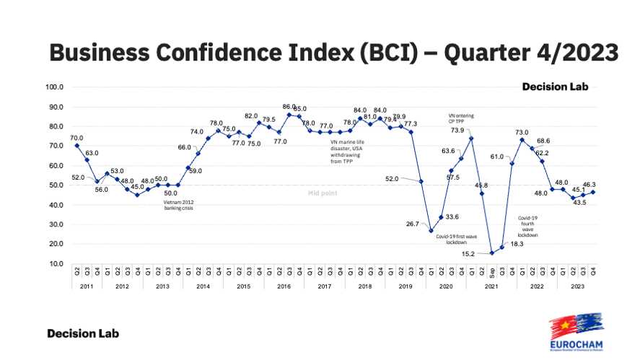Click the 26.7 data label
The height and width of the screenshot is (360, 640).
click(x=413, y=224)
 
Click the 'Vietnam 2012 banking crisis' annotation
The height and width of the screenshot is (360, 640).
click(x=177, y=205)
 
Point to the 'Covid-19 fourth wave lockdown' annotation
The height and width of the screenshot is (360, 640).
click(x=529, y=226)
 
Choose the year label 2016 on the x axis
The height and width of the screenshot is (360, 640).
click(x=284, y=286)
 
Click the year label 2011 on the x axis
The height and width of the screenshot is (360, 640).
click(x=87, y=286)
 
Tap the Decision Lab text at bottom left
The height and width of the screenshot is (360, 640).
click(x=83, y=333)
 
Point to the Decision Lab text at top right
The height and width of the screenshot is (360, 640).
click(x=556, y=87)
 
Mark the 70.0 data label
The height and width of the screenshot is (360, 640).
click(x=76, y=138)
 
